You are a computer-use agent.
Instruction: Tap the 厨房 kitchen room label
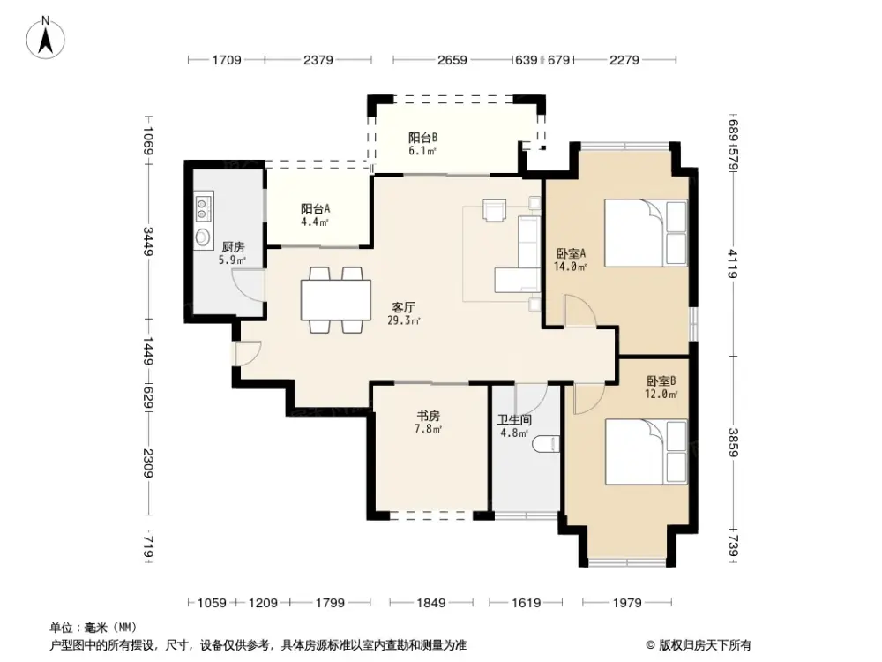coord(233,248)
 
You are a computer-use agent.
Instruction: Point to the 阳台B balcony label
coord(422,138)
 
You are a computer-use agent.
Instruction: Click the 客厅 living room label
coord(404,308)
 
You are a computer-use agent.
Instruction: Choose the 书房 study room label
coord(429,416)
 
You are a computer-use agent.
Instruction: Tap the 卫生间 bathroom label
coord(513,420)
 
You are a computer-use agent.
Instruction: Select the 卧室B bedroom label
coord(661,381)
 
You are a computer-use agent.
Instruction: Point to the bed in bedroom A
coord(644,232)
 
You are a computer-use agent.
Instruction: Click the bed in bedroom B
coord(645,452)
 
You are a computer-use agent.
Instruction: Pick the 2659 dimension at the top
coord(452,60)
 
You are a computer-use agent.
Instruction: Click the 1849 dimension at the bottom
coord(431,603)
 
